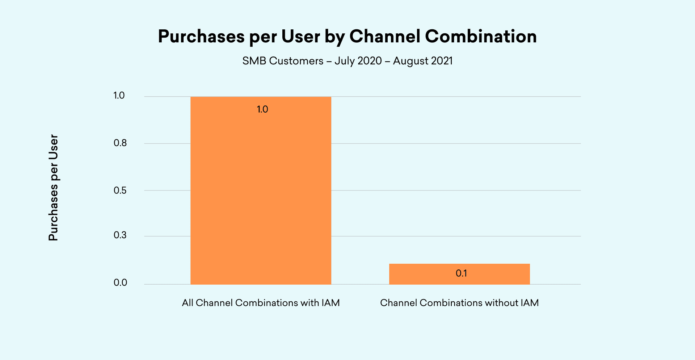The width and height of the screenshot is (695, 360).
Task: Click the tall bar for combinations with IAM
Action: point(261,196)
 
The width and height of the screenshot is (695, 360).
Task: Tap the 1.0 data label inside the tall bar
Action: point(262,109)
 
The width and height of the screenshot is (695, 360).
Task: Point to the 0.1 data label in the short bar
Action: point(461,273)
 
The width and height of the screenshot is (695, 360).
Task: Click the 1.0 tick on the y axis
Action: point(119,96)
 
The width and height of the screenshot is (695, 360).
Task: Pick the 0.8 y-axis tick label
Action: point(120,143)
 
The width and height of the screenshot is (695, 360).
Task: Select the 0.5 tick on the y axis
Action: point(120,191)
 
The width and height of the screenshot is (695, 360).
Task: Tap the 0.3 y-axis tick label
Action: point(120,235)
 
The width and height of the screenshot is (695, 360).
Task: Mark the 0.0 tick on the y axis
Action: point(120,283)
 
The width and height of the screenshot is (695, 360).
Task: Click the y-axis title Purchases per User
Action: point(53,188)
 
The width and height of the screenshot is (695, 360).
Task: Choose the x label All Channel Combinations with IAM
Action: point(261,303)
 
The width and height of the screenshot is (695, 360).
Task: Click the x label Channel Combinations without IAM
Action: point(459,303)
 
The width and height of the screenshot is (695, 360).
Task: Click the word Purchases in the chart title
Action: point(201,37)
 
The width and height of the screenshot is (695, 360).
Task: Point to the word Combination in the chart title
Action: point(481,37)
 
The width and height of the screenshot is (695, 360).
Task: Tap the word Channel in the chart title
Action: point(385,37)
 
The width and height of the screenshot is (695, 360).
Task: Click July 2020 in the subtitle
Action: point(358,61)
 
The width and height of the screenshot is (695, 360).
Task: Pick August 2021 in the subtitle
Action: point(423,61)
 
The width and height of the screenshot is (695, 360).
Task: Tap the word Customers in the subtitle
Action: point(296,61)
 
